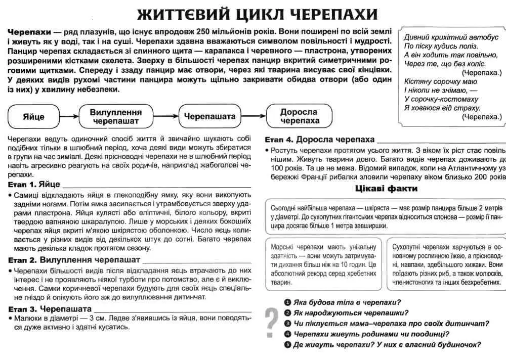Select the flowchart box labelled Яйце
pos(33,116)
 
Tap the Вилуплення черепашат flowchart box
pos(116,116)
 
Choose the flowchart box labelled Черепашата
pos(209,116)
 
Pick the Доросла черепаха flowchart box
pos(300,116)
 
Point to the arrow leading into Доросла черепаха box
pos(253,116)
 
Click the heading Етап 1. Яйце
pos(34,184)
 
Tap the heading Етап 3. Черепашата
pos(50,308)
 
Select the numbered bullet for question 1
pos(287,302)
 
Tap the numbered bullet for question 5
pos(287,345)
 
